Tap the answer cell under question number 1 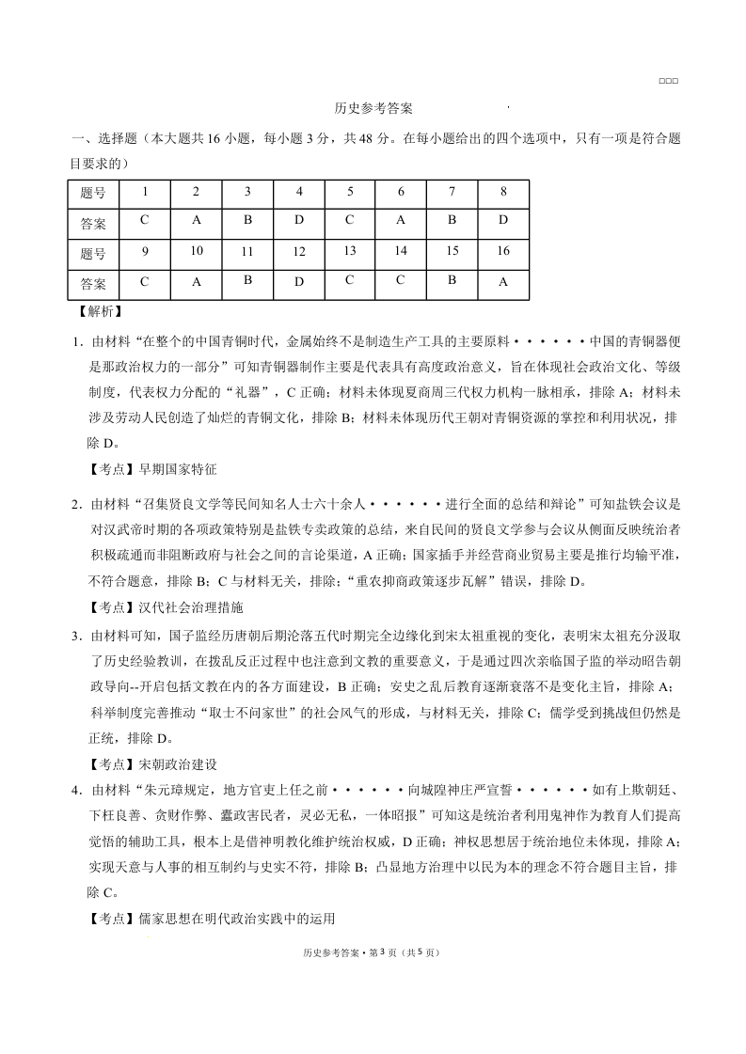(145, 222)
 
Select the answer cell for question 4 (299, 222)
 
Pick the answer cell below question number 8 (503, 222)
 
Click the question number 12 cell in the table (299, 252)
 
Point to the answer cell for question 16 (503, 282)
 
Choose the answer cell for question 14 (401, 282)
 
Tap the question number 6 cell (401, 192)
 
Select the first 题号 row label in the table (93, 193)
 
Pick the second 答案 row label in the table (93, 283)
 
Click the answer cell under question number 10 (196, 282)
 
